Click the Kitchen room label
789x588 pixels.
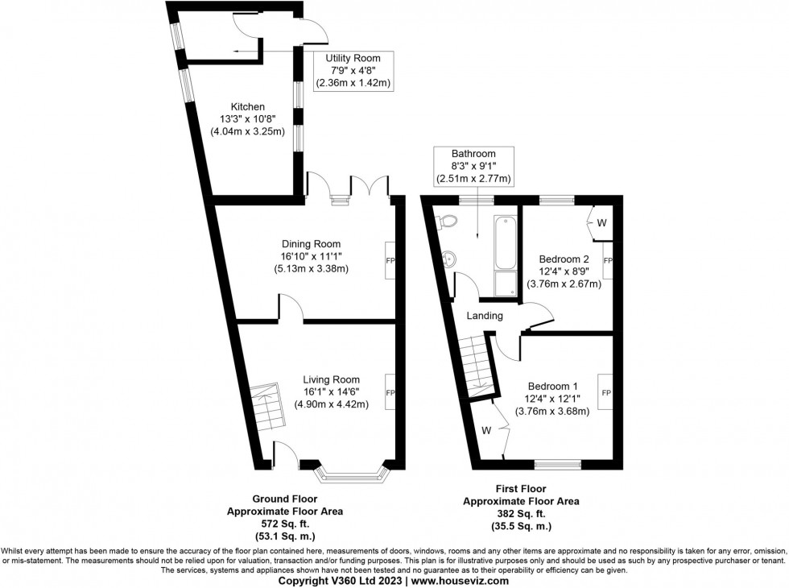point(247,106)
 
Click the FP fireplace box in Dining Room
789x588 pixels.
point(390,260)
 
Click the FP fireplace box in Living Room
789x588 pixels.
point(390,392)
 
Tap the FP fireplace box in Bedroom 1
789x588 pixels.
point(606,392)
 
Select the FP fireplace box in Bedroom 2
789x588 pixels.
point(608,260)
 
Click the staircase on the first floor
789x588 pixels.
point(477,366)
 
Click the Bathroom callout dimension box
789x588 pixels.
point(473,165)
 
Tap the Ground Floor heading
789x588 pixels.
point(285,499)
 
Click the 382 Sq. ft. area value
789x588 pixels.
point(521,513)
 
